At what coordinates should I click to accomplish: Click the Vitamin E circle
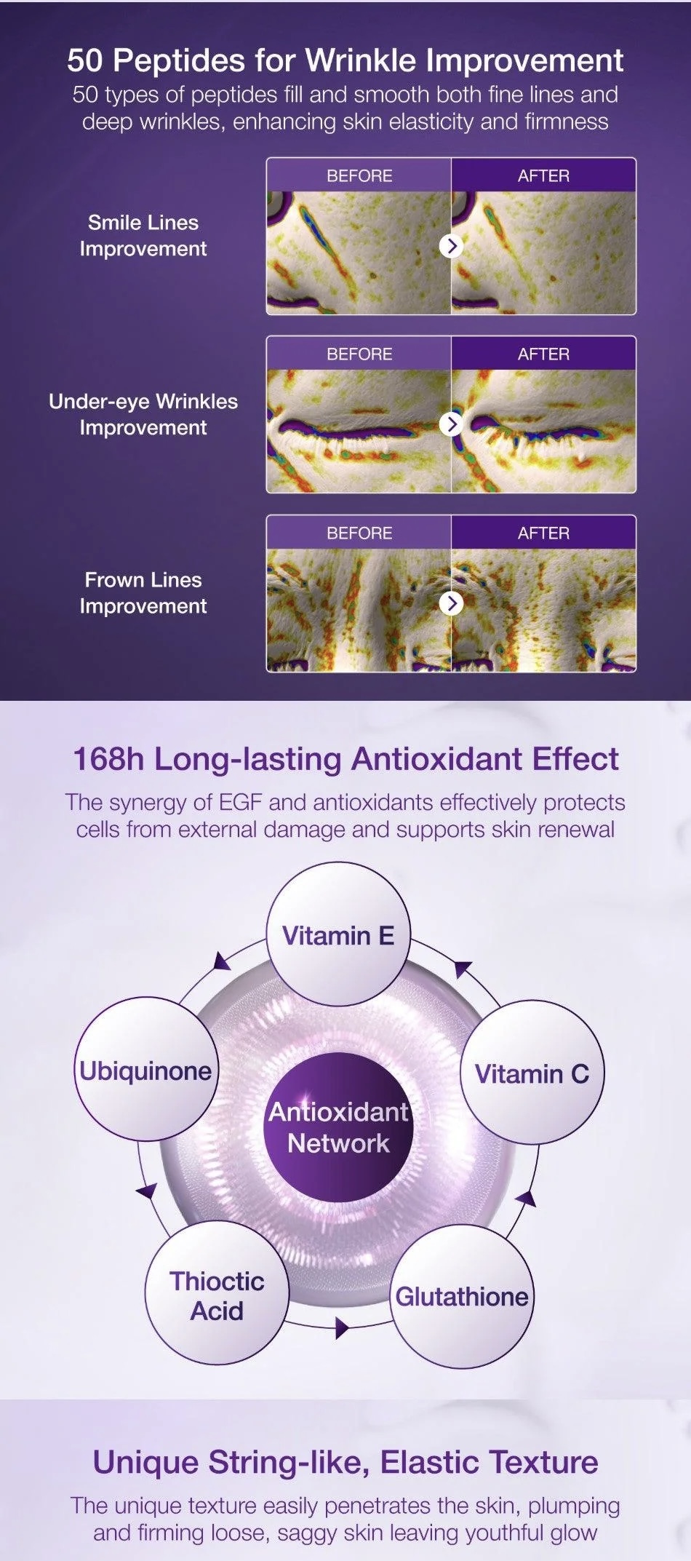click(338, 935)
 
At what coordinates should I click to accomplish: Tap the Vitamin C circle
click(532, 1073)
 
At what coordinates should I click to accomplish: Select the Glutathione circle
click(462, 1296)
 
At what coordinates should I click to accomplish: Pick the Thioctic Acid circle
click(217, 1293)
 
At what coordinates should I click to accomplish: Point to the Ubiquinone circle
click(145, 1069)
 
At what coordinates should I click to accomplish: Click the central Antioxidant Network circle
click(338, 1127)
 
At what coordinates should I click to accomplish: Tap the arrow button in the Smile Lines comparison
click(452, 246)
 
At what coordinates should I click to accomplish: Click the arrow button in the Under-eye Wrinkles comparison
click(452, 424)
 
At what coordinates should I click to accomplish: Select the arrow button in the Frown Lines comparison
click(452, 603)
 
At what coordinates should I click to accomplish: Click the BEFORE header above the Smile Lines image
click(359, 175)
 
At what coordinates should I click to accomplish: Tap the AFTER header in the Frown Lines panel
click(543, 533)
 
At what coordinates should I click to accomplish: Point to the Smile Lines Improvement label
click(143, 236)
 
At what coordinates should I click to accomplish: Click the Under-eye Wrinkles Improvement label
click(143, 414)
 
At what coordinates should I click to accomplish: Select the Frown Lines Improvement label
click(143, 593)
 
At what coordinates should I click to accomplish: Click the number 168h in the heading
click(108, 758)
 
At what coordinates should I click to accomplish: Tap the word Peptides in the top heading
click(179, 60)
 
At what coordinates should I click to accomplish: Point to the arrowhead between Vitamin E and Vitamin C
click(463, 969)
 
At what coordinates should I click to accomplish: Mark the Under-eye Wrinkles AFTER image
click(543, 431)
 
